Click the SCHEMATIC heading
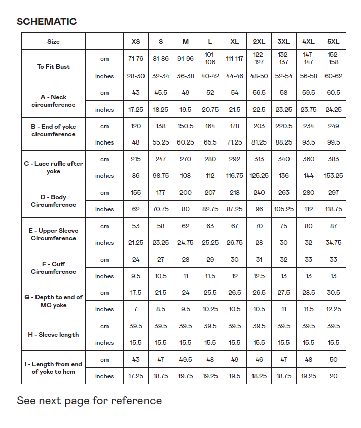tap(47, 21)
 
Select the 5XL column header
tap(333, 41)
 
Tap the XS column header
tap(136, 41)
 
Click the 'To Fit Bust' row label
tap(53, 67)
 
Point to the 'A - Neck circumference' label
tap(53, 101)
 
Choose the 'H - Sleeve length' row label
tap(53, 335)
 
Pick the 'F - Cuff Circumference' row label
tap(53, 268)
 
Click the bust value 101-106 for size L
tap(210, 58)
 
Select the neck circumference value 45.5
tap(161, 93)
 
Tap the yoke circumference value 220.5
tap(284, 126)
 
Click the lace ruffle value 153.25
tap(333, 176)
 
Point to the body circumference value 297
tap(333, 193)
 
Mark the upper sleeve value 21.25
tap(136, 243)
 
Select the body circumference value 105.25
tap(284, 209)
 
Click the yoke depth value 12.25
tap(333, 309)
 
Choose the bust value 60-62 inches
tap(333, 76)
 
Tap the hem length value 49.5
tap(186, 360)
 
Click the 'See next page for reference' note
tap(89, 401)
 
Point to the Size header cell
tap(53, 42)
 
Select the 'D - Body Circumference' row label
tap(53, 201)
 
